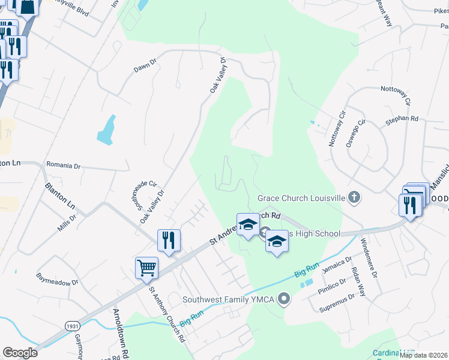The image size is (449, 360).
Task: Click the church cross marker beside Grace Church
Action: point(355,197)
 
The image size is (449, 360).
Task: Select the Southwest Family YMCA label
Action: point(231,298)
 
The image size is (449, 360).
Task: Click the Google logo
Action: point(20,353)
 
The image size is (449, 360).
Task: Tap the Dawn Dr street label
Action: point(145,65)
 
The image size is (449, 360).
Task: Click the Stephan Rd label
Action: point(402,119)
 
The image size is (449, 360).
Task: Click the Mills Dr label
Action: point(67,226)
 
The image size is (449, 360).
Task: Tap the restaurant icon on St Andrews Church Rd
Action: point(169,240)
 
